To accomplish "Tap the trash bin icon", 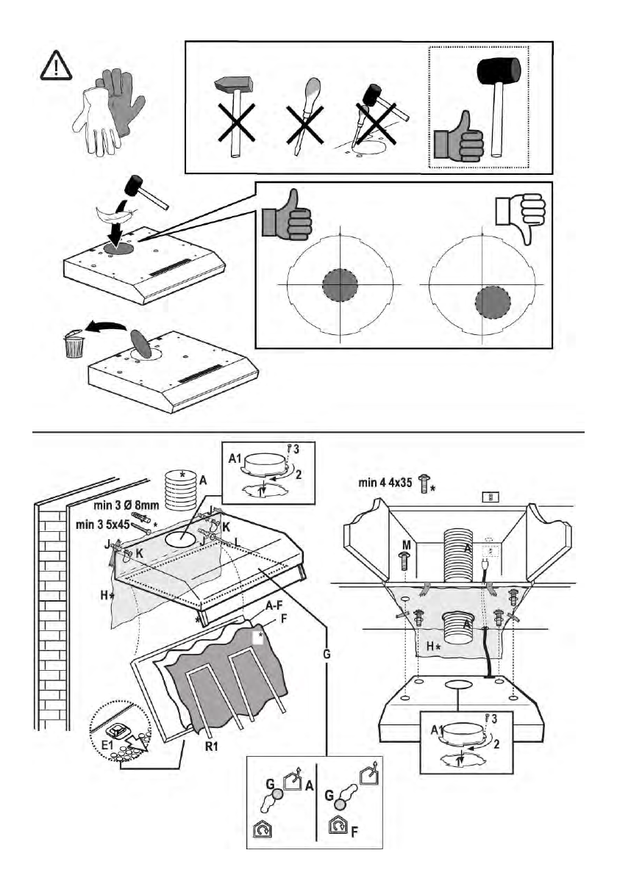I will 72,344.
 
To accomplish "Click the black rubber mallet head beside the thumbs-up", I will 499,71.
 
